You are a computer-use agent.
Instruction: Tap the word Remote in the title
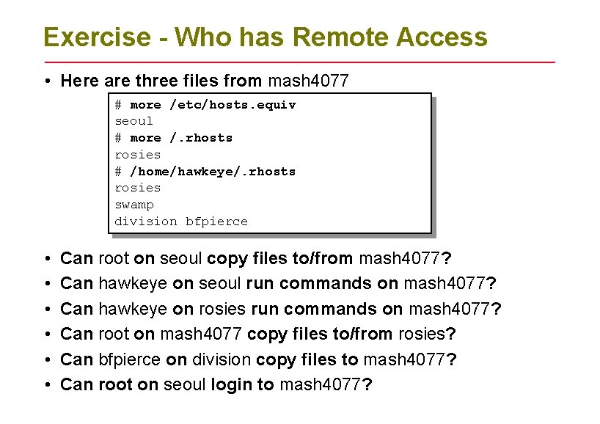324,37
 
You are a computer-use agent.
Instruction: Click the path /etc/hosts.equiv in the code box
233,104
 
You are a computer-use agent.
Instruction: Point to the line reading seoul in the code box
134,121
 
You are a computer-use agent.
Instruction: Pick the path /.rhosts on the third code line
201,138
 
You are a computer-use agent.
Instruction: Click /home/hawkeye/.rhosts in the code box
213,172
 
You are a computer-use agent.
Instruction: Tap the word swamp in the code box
134,205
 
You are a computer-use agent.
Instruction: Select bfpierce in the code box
216,222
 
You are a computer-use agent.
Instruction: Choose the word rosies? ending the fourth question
427,334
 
